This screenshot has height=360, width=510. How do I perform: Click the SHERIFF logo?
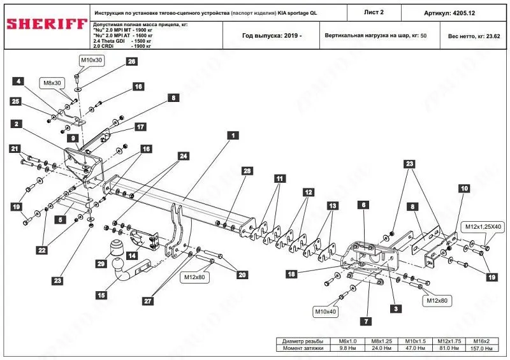[x=47, y=24]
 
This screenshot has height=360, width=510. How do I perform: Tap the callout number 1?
[x=235, y=135]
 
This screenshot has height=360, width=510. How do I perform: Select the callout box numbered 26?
[x=131, y=62]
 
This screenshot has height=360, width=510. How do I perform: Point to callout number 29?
[x=100, y=263]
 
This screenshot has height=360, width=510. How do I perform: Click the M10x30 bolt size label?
[x=91, y=59]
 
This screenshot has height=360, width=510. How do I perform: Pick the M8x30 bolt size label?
[x=53, y=83]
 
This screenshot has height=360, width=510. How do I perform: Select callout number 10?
[x=464, y=189]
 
